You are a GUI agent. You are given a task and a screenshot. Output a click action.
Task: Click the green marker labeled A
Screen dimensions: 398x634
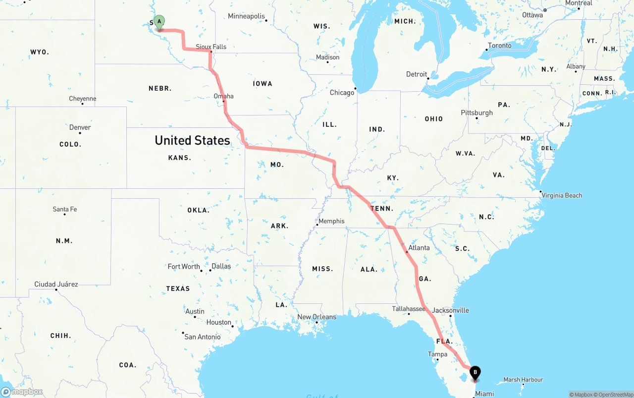159,22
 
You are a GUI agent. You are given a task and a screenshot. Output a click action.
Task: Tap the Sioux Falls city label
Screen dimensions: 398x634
211,47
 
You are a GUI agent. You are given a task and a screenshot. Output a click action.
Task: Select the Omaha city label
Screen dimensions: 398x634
223,96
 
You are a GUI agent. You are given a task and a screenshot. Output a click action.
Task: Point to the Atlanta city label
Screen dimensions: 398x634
419,247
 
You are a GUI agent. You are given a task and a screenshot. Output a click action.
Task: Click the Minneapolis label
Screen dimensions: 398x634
246,16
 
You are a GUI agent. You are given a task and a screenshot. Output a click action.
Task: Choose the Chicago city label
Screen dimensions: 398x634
342,92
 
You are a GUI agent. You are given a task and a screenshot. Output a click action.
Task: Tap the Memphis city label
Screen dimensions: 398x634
331,221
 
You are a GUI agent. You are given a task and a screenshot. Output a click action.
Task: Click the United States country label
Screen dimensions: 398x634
192,140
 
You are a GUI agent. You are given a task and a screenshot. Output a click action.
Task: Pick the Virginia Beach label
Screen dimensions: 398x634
562,195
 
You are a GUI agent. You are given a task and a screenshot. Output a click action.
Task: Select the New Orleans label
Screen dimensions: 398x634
317,317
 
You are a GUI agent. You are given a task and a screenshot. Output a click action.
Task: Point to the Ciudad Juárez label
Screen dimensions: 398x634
56,284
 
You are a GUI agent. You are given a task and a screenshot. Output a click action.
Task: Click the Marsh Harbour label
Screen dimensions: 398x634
523,380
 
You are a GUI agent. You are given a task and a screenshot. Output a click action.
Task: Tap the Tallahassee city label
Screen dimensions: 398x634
409,309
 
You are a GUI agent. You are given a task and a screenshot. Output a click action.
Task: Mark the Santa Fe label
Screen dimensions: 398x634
65,209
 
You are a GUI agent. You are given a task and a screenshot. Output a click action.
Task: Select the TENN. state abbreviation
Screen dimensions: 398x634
382,209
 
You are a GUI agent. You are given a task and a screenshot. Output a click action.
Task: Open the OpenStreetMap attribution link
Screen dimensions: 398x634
614,395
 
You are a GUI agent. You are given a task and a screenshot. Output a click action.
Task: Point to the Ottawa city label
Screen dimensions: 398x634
532,15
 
